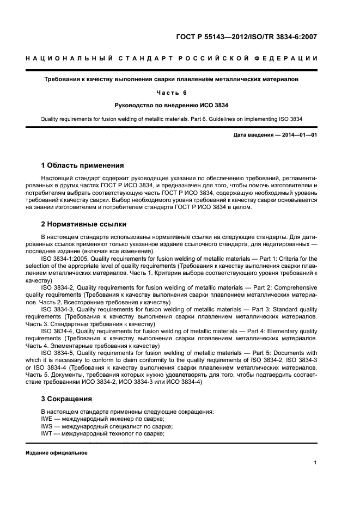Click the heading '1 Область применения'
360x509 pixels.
pyautogui.click(x=83, y=165)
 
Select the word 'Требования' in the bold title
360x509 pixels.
pyautogui.click(x=63, y=79)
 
